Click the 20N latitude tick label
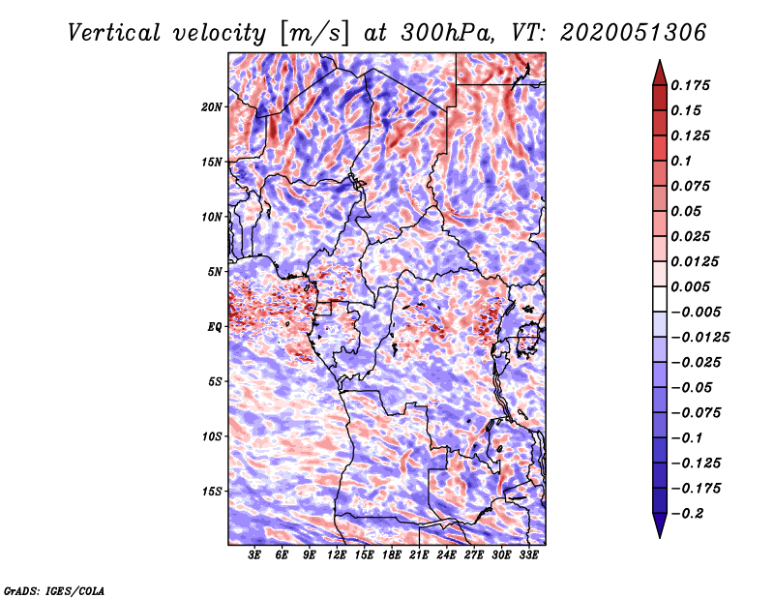pos(212,107)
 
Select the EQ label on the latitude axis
pos(215,327)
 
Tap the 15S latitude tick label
pos(212,492)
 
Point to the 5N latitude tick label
pos(215,272)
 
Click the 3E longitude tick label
pos(254,555)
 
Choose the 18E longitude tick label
pos(392,555)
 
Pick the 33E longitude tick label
pos(528,555)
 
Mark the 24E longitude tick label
pos(446,555)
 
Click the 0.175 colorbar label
pos(690,85)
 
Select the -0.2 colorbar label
pos(687,514)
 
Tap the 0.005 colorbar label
pos(690,286)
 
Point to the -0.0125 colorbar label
pos(700,338)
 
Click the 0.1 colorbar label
pos(681,161)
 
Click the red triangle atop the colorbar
pos(660,73)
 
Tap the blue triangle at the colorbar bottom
pos(660,525)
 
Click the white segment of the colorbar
pos(660,299)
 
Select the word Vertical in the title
pos(114,33)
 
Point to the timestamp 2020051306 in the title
pos(634,33)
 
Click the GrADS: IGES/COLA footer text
pos(54,591)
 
